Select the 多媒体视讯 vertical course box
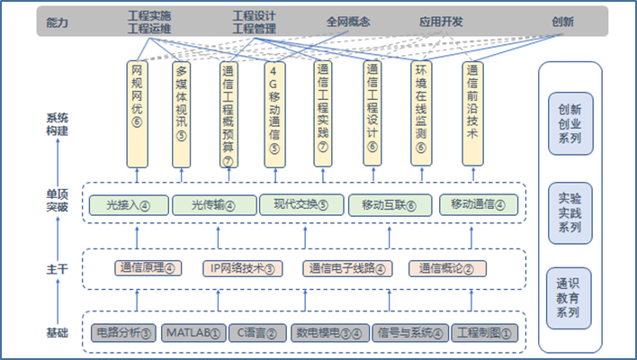pos(183,112)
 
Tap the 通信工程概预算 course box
pos(229,113)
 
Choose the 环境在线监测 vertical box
pos(420,112)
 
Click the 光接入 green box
pos(127,205)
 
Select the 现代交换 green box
pos(301,205)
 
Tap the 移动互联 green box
pos(389,205)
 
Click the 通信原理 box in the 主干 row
pos(147,267)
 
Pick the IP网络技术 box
pos(242,267)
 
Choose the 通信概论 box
pos(447,267)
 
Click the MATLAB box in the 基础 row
pos(193,333)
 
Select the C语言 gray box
pos(257,333)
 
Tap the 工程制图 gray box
pos(485,333)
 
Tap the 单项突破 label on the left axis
pos(58,198)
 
